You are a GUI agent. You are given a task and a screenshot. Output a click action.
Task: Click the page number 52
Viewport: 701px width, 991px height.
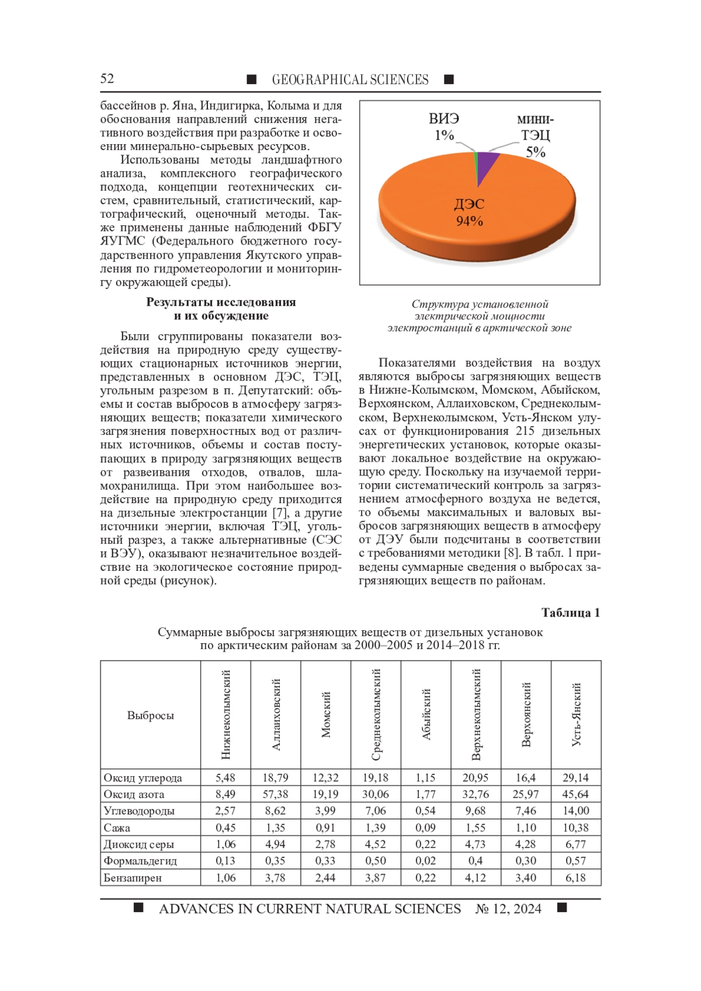coord(107,79)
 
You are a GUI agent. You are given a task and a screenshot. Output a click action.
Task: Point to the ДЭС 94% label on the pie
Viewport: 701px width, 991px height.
coord(469,212)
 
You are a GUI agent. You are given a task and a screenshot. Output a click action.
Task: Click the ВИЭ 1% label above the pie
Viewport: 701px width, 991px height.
coord(444,127)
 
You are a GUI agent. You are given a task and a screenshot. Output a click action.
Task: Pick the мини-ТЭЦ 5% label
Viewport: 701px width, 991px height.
coord(535,136)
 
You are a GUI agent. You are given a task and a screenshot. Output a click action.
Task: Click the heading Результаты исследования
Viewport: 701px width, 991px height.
coord(221,302)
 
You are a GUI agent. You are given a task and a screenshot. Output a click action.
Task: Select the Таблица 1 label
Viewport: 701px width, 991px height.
coord(571,613)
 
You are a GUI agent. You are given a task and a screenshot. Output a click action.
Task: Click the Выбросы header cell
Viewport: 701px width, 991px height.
coord(151,716)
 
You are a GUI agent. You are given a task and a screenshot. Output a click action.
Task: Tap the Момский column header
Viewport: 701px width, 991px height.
coord(326,715)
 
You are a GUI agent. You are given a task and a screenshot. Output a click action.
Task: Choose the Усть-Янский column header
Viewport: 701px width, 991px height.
coord(576,715)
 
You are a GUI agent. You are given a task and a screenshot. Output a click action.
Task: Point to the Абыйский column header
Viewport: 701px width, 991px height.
coord(426,715)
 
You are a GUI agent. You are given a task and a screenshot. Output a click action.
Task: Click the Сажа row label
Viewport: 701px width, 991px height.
coord(117,828)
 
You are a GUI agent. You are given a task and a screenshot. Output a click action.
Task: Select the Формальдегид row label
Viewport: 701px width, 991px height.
coord(140,861)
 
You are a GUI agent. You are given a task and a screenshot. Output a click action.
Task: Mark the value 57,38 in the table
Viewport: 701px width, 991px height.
coord(275,794)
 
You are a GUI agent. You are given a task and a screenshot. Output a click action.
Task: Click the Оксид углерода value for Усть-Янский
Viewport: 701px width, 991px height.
coord(576,778)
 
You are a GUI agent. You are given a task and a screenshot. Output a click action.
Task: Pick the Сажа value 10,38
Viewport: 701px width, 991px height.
coord(576,828)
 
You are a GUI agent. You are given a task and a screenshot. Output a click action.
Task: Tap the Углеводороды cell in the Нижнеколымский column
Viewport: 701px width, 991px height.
coord(225,811)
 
